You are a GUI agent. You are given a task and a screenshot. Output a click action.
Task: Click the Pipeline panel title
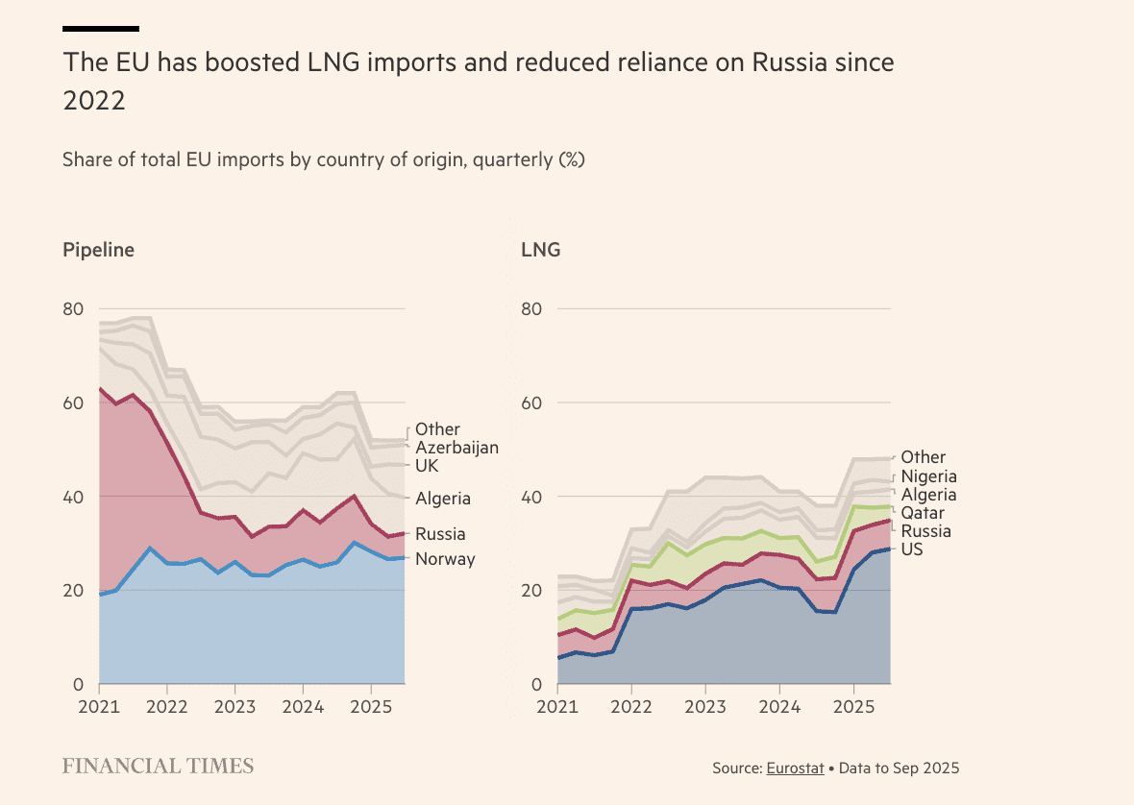coord(98,250)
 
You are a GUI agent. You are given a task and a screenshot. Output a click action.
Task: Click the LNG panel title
coord(540,250)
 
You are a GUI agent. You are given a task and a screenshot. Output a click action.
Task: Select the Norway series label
coord(445,559)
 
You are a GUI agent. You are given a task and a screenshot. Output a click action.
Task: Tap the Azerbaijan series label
coord(456,448)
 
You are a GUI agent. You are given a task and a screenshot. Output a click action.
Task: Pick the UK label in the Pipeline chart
coord(427,466)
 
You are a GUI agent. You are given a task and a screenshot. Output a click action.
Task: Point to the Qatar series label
coord(923,513)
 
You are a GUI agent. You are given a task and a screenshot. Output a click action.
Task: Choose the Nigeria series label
coord(928,476)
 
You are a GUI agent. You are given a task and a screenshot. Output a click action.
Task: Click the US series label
coord(912,550)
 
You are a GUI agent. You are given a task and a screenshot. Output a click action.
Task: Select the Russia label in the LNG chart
coord(925,531)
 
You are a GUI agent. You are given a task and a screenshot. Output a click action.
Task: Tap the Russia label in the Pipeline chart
coord(440,534)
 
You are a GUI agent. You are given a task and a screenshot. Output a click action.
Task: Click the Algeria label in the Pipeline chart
coord(443,499)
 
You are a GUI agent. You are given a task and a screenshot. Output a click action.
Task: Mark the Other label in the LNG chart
coord(923,457)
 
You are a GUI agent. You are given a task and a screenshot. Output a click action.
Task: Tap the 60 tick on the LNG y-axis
coord(532,402)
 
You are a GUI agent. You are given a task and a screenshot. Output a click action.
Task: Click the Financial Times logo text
coord(158,766)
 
